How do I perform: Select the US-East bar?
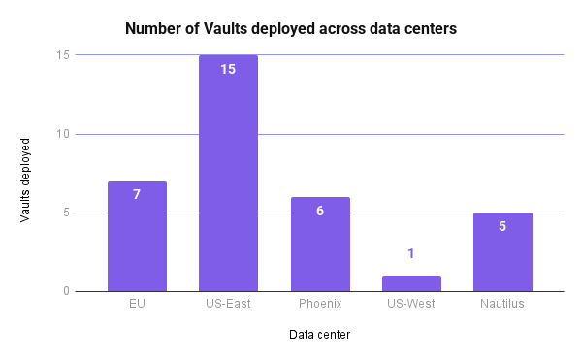228,175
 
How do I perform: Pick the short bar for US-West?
411,283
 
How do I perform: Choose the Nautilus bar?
502,253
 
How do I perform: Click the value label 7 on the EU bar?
137,194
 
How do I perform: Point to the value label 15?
228,69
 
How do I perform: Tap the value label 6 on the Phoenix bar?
320,211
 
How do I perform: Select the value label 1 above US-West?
411,254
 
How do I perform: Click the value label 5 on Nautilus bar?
502,226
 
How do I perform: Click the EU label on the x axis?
137,304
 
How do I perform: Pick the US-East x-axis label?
228,304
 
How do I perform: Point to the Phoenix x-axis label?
320,304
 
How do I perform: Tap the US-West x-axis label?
411,304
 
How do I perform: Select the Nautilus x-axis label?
502,304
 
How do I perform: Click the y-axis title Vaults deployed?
26,174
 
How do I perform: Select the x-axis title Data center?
320,336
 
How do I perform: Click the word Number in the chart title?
151,30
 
